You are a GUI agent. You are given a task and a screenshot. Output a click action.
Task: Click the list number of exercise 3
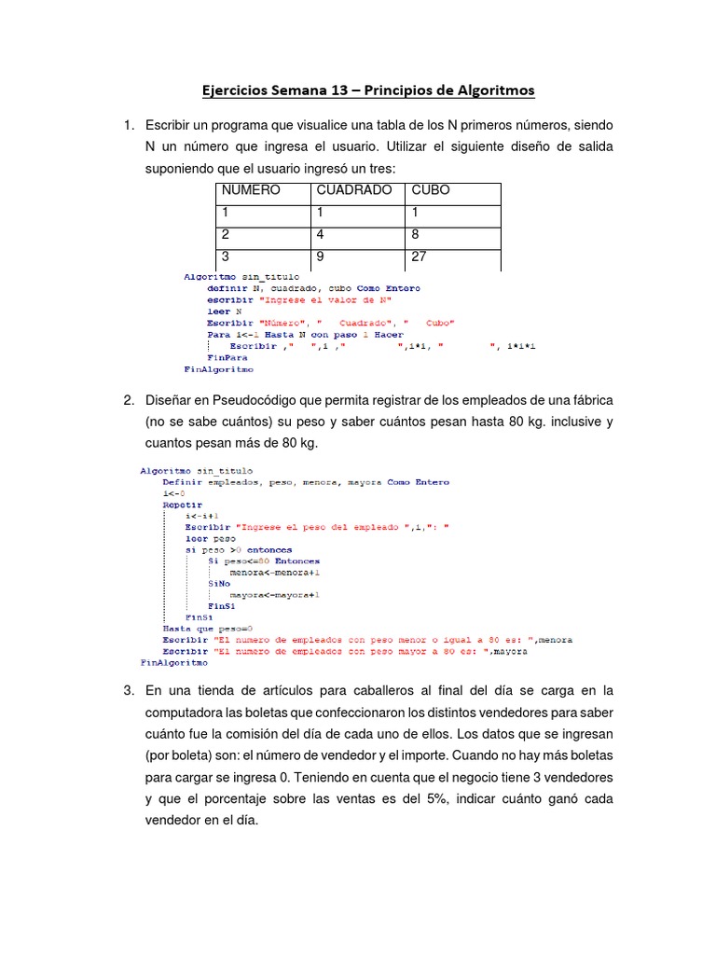pyautogui.click(x=129, y=690)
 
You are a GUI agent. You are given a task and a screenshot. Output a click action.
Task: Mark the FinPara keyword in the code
pyautogui.click(x=227, y=357)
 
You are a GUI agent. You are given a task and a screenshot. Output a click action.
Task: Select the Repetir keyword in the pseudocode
pyautogui.click(x=183, y=504)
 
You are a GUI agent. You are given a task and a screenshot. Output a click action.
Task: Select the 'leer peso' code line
pyautogui.click(x=210, y=538)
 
